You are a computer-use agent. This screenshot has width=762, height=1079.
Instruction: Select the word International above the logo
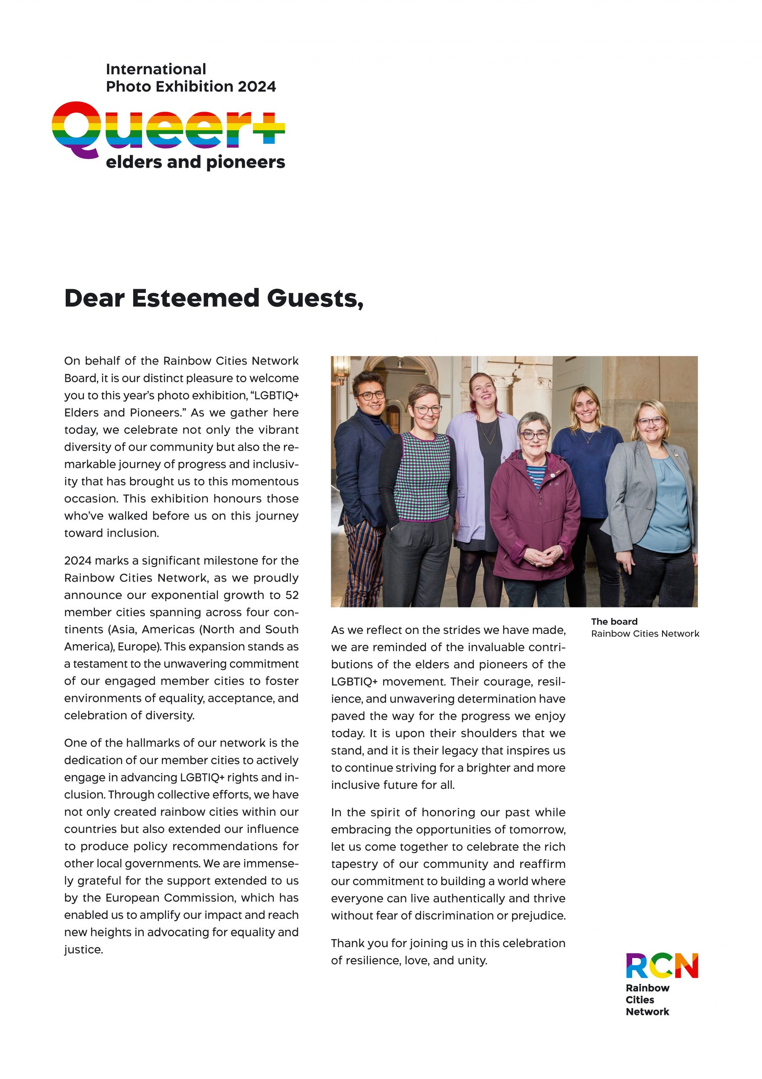pyautogui.click(x=156, y=69)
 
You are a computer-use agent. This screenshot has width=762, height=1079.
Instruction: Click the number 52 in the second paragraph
pyautogui.click(x=291, y=595)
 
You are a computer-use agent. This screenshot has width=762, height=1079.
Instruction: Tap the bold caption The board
pyautogui.click(x=614, y=621)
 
